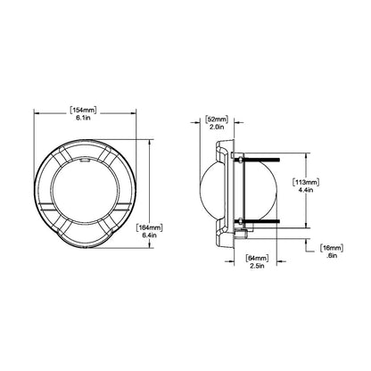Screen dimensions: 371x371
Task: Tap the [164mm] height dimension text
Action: (149, 227)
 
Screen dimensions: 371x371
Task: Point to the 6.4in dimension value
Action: (149, 235)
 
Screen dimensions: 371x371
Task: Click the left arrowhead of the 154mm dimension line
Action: (37, 111)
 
